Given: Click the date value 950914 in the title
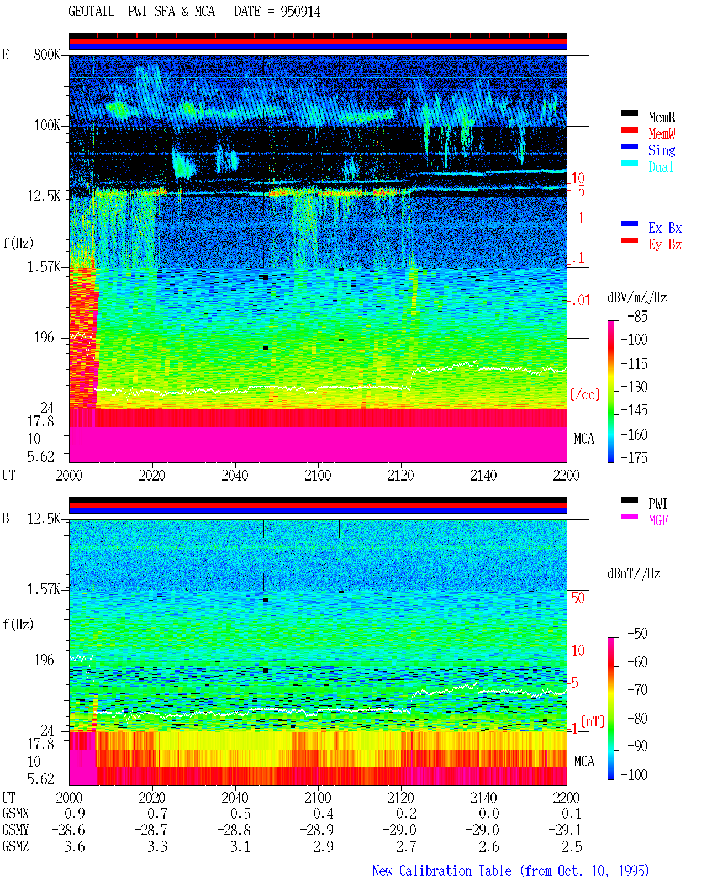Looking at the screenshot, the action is (300, 12).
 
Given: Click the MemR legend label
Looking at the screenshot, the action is (661, 117).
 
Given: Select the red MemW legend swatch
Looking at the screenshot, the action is (629, 130).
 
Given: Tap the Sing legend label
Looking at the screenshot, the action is (661, 150).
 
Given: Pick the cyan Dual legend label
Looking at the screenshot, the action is (661, 167).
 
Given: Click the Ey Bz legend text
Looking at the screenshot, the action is (664, 245).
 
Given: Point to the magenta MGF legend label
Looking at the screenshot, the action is (658, 520).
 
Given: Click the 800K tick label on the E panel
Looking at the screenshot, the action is (47, 54).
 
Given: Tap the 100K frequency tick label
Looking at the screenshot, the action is (47, 125).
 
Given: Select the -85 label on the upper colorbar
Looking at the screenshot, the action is (637, 316).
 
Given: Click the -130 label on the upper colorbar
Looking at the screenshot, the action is (634, 387).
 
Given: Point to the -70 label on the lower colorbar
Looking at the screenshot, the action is (637, 689).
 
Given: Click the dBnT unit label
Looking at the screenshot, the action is (634, 573).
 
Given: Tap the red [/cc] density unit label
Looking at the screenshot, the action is (585, 394).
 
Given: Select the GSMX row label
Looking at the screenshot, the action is (15, 813).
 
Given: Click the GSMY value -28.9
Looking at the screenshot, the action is (316, 830).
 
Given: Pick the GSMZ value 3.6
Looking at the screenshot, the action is (75, 846).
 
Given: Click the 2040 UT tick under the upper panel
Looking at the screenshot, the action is (235, 475).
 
